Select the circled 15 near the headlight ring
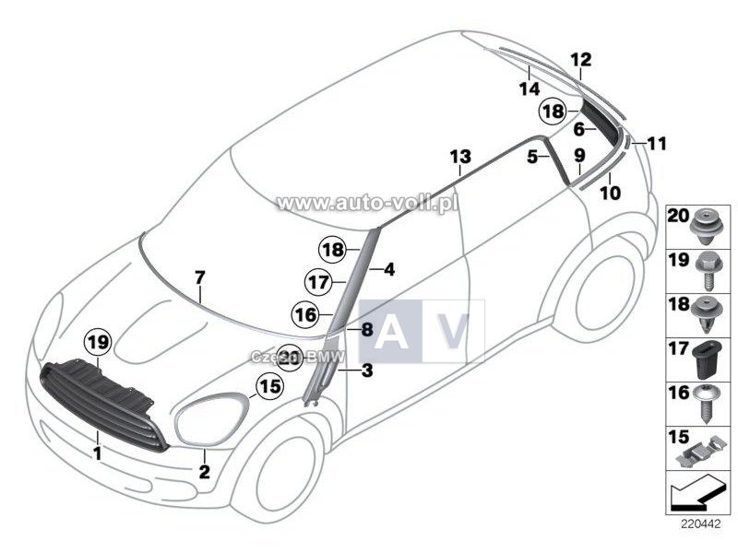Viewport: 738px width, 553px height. [268, 389]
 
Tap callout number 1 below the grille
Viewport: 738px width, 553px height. [96, 453]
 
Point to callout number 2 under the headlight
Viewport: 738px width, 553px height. [205, 472]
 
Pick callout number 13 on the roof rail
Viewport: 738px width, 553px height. [459, 158]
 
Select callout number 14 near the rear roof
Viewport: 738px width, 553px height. [528, 88]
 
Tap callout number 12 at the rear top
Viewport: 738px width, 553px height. [580, 61]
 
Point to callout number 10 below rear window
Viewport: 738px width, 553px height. [610, 194]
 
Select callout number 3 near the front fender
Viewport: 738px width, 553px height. [366, 372]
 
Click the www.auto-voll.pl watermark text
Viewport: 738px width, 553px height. [367, 202]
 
